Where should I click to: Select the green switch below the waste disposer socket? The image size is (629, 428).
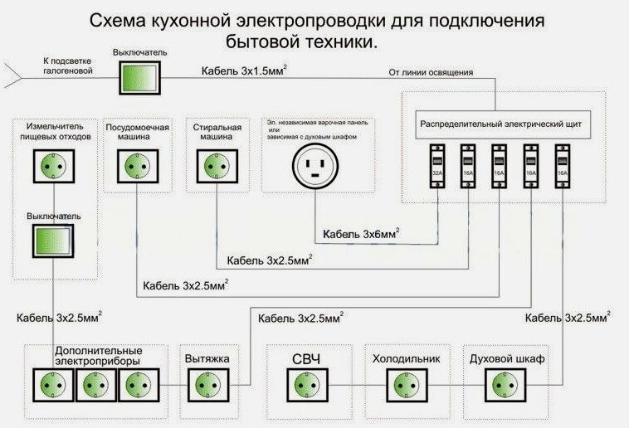(x=53, y=239)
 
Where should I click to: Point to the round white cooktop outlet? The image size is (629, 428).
(x=316, y=168)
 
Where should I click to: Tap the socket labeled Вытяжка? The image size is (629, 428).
(x=207, y=385)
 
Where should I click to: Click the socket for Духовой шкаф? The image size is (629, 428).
(x=505, y=385)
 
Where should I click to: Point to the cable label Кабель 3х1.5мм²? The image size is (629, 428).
(x=245, y=71)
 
